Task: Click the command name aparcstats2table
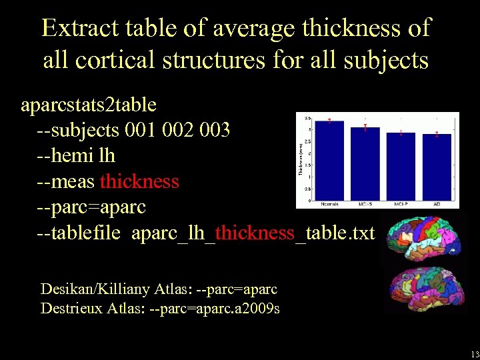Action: pos(89,105)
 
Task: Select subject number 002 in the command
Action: pos(179,129)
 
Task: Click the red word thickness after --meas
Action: pos(139,181)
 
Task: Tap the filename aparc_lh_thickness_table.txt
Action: pos(253,233)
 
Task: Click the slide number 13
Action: pos(474,354)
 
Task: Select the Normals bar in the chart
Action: pos(329,160)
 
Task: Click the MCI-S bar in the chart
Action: pos(365,163)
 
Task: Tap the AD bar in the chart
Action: pos(436,167)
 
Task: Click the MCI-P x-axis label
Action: pos(400,203)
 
